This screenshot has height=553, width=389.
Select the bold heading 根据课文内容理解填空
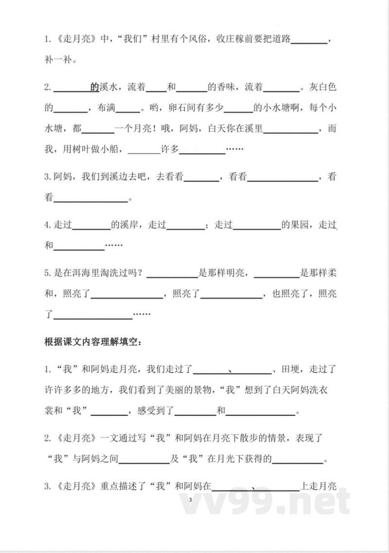click(92, 342)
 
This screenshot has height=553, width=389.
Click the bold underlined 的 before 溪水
click(94, 88)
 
